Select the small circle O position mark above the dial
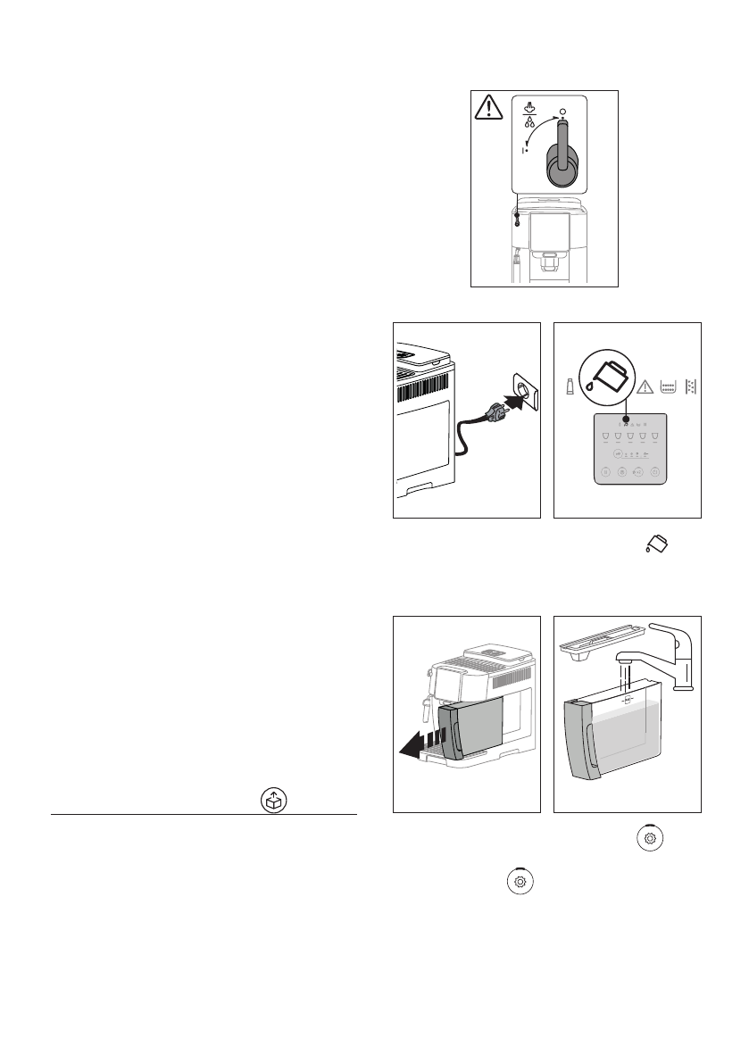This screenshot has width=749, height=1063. point(562,111)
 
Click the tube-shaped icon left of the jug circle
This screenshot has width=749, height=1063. point(570,386)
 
